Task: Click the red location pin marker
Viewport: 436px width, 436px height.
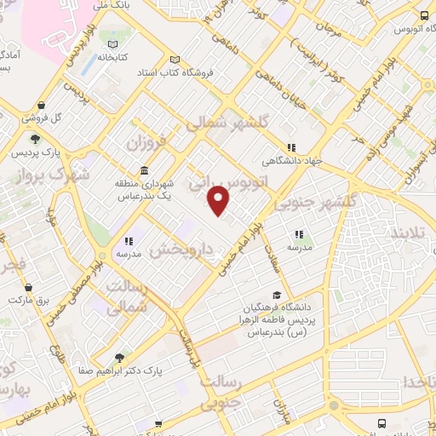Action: (x=220, y=200)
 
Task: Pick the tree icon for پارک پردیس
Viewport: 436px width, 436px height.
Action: (x=35, y=139)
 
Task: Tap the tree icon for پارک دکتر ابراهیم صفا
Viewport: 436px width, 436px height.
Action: (x=120, y=359)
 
